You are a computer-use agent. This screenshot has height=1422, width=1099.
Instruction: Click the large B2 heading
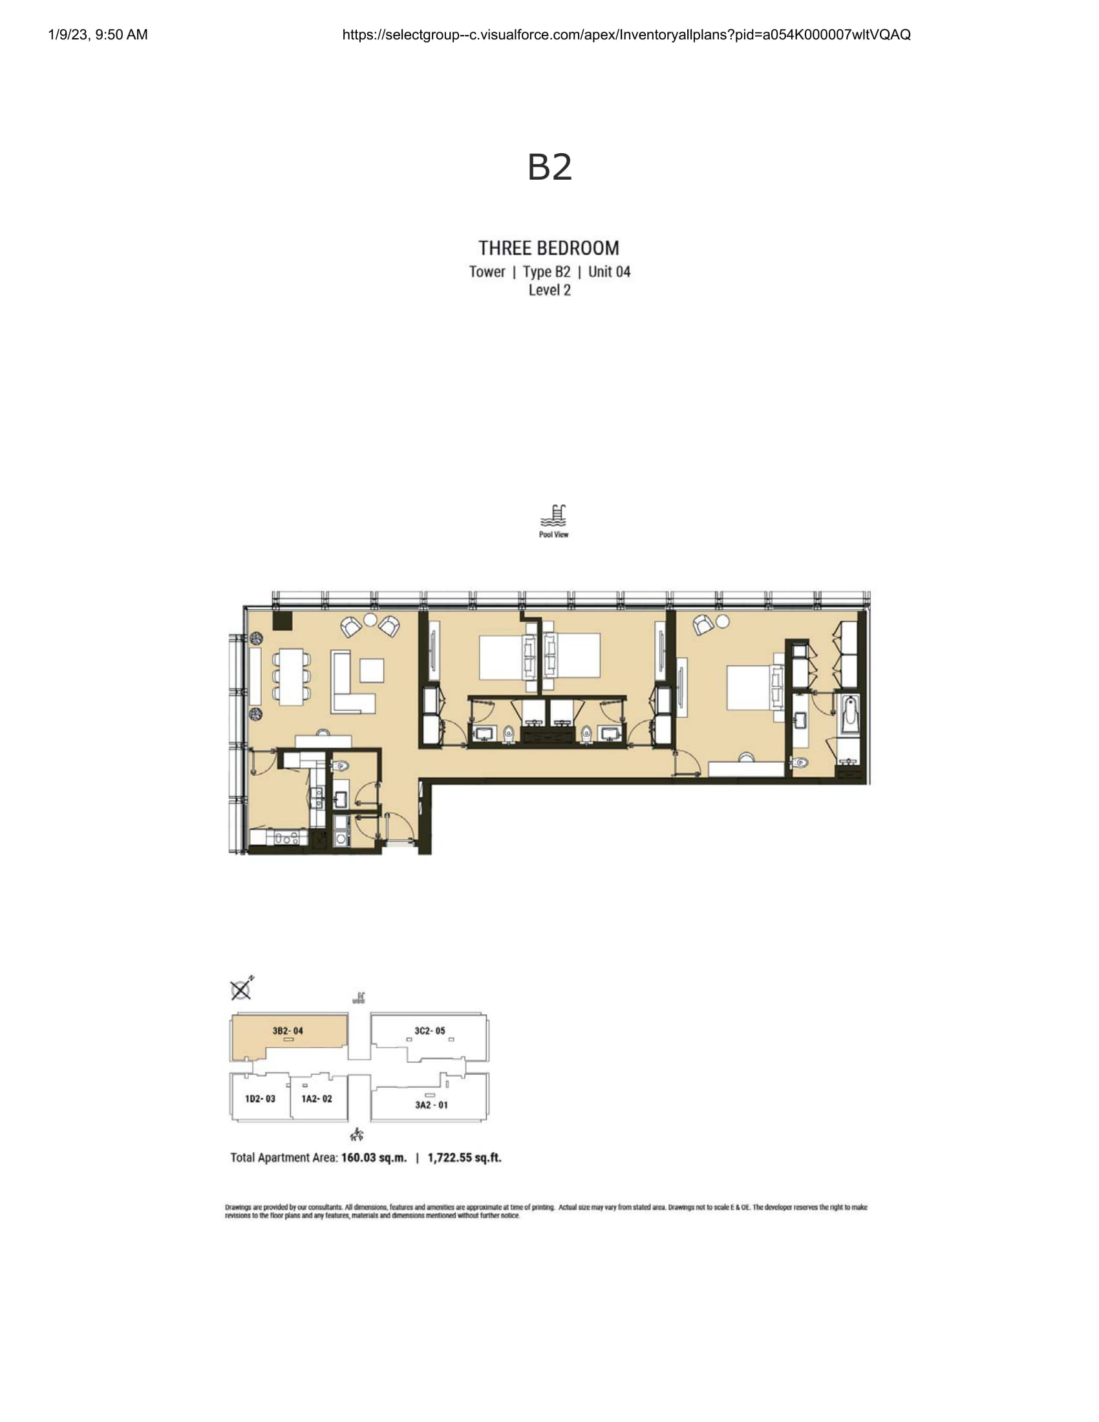[x=549, y=167]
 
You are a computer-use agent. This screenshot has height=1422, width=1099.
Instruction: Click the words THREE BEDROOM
[x=549, y=248]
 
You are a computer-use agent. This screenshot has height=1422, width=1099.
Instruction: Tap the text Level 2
[x=549, y=290]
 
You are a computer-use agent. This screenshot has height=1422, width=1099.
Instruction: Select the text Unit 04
[x=610, y=271]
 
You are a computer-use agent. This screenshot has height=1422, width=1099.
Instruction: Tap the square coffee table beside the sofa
[x=372, y=671]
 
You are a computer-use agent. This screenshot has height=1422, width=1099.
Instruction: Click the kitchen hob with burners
[x=286, y=838]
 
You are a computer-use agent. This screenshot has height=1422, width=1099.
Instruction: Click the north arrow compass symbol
[x=242, y=989]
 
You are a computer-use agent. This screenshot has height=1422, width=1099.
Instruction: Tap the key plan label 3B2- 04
[x=288, y=1031]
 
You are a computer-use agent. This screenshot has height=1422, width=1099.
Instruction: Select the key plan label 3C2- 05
[x=430, y=1031]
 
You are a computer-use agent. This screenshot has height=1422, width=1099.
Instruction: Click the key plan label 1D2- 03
[x=260, y=1099]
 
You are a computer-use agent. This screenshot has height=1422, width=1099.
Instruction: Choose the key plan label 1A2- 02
[x=316, y=1099]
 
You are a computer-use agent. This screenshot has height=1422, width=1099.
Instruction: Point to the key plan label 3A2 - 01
[x=431, y=1105]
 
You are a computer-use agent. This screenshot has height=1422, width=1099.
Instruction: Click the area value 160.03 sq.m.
[x=374, y=1158]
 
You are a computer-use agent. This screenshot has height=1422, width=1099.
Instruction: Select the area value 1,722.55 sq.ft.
[x=464, y=1158]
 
